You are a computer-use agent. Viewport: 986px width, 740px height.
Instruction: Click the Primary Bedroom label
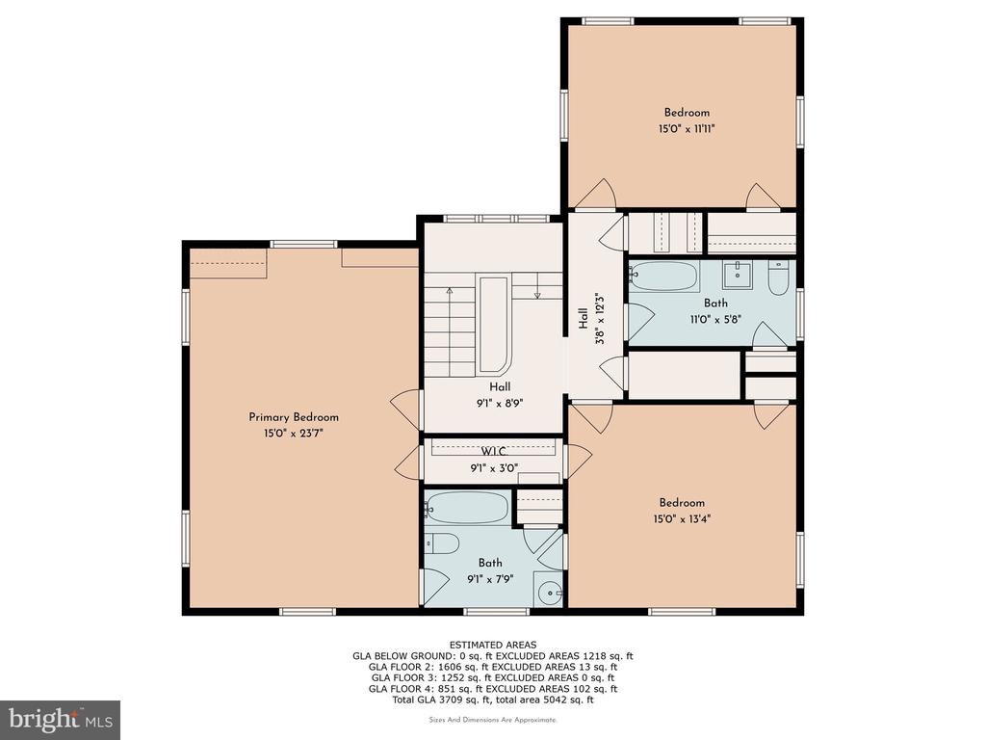point(294,417)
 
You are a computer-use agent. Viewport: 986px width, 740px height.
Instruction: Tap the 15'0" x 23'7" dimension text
point(294,434)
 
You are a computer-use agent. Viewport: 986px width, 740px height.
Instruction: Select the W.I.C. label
point(494,452)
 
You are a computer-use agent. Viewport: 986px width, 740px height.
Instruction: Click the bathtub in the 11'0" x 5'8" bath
point(664,277)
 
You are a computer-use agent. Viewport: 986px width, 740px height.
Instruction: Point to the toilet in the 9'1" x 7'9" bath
point(443,543)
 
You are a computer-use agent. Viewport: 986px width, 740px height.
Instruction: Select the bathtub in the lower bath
point(467,508)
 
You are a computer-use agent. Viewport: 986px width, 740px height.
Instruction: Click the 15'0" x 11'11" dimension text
point(687,129)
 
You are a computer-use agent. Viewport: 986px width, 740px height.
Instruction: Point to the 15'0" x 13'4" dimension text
point(682,519)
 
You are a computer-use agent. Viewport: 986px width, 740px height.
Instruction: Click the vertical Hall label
point(584,318)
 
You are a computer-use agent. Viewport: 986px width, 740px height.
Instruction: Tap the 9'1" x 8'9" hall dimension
point(500,404)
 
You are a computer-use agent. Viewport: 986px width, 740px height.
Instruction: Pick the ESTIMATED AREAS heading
point(493,645)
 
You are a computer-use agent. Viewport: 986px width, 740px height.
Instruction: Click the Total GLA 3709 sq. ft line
point(493,700)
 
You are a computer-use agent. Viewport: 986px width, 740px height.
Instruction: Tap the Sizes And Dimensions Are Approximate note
point(493,719)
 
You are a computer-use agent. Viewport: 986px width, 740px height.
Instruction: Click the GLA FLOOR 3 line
point(493,677)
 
